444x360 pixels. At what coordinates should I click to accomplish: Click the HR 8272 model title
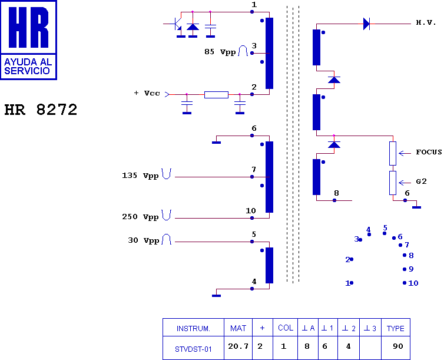[x=41, y=110]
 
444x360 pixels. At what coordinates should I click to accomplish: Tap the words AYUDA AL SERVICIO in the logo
[x=28, y=66]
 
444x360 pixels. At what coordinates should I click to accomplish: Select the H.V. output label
[x=426, y=22]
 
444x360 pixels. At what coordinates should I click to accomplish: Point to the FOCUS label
[x=429, y=152]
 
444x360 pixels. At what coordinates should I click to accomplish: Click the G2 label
[x=422, y=181]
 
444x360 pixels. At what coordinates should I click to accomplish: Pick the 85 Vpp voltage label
[x=220, y=52]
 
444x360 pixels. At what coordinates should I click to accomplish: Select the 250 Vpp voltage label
[x=140, y=217]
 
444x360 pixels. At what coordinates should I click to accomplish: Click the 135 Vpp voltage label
[x=140, y=176]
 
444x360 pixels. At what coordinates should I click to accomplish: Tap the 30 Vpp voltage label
[x=143, y=240]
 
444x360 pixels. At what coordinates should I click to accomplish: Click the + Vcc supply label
[x=147, y=93]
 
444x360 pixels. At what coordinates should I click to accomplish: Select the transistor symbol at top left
[x=177, y=24]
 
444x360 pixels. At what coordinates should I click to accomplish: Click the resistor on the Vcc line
[x=216, y=95]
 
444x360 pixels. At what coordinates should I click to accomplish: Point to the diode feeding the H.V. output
[x=366, y=24]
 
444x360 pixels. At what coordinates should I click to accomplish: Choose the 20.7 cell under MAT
[x=238, y=346]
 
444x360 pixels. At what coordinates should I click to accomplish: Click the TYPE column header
[x=396, y=329]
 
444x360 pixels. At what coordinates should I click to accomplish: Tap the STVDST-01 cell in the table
[x=193, y=349]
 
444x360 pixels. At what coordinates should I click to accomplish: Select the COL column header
[x=286, y=328]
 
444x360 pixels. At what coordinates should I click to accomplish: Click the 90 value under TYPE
[x=398, y=346]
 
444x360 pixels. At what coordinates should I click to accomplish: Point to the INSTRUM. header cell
[x=193, y=329]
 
